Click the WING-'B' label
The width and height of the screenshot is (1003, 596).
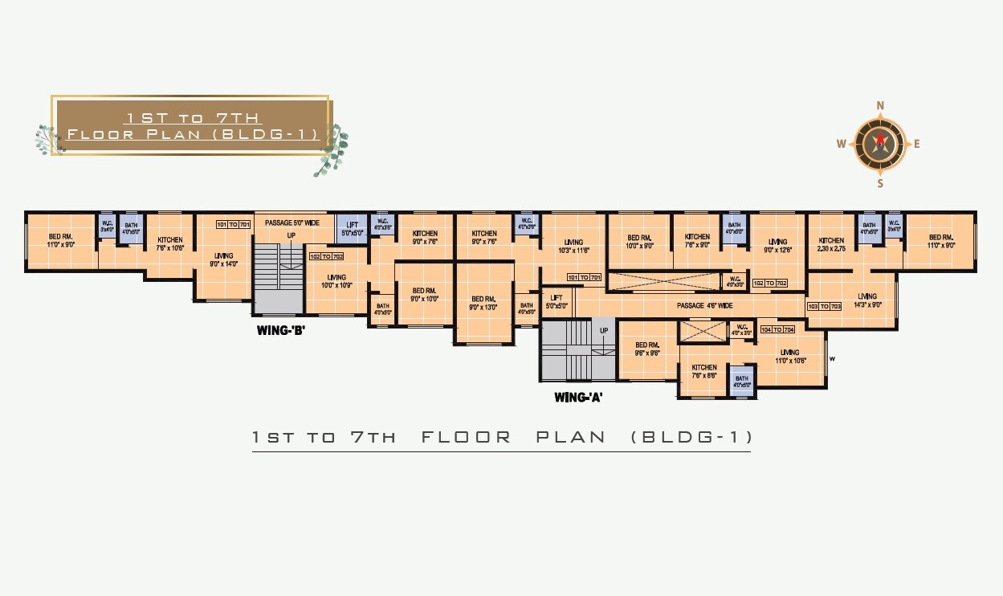tap(280, 329)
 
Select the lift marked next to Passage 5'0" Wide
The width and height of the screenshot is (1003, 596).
tap(351, 229)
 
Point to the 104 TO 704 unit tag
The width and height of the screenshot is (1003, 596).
tap(777, 330)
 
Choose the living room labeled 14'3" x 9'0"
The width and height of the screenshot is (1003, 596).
tap(867, 300)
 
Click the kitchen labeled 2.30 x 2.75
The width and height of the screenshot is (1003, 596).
tap(831, 245)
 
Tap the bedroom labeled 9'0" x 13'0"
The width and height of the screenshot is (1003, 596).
tap(484, 303)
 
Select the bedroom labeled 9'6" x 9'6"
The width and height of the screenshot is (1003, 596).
tap(646, 349)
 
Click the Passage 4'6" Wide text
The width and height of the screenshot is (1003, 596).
tap(704, 306)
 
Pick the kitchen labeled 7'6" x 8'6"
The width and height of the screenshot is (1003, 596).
tap(703, 371)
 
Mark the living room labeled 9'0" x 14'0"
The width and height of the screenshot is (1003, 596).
tap(223, 259)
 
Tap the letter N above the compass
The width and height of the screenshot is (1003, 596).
tap(880, 105)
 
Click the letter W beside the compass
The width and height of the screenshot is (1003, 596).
tap(841, 145)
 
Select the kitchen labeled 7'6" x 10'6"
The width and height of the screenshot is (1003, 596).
tap(169, 244)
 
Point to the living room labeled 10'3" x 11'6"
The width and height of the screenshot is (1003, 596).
tap(573, 246)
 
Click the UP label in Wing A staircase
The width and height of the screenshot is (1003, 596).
tap(603, 330)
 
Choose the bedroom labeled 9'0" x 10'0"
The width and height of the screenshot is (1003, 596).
tap(424, 295)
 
